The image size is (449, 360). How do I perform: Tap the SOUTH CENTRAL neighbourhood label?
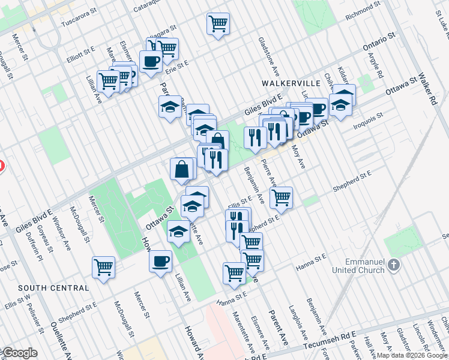[x=53, y=288]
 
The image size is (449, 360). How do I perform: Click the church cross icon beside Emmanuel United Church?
[x=393, y=264]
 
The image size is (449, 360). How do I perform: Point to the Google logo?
[x=19, y=353]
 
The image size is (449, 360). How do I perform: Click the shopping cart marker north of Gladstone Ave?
[x=218, y=25]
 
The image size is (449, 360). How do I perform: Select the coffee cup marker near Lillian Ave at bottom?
[x=161, y=261]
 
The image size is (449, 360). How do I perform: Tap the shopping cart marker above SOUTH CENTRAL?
[x=103, y=267]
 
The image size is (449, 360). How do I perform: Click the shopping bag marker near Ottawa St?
[x=182, y=169]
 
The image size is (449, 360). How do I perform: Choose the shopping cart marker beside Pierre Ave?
[x=280, y=197]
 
